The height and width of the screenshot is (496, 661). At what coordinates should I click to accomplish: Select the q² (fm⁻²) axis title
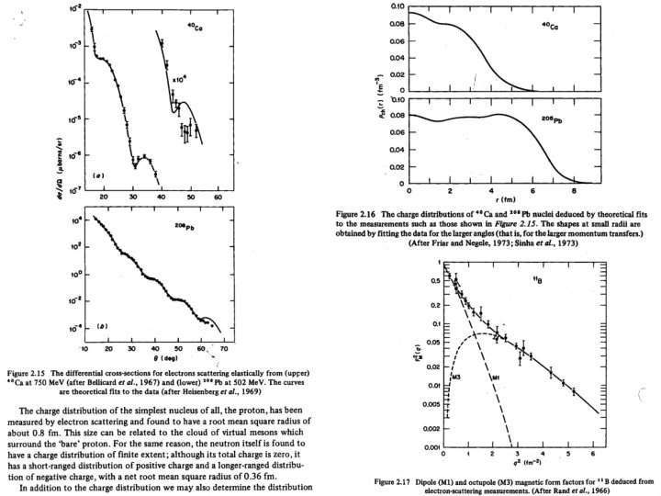(520, 467)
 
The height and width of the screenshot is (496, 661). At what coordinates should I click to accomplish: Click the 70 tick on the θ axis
(224, 351)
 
